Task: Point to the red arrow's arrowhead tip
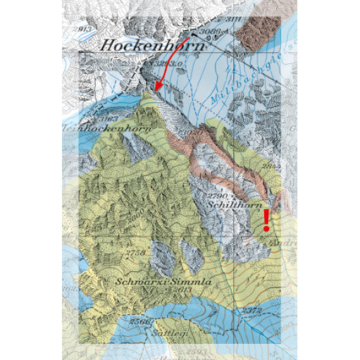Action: [156, 90]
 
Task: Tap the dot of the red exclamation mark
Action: [266, 228]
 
